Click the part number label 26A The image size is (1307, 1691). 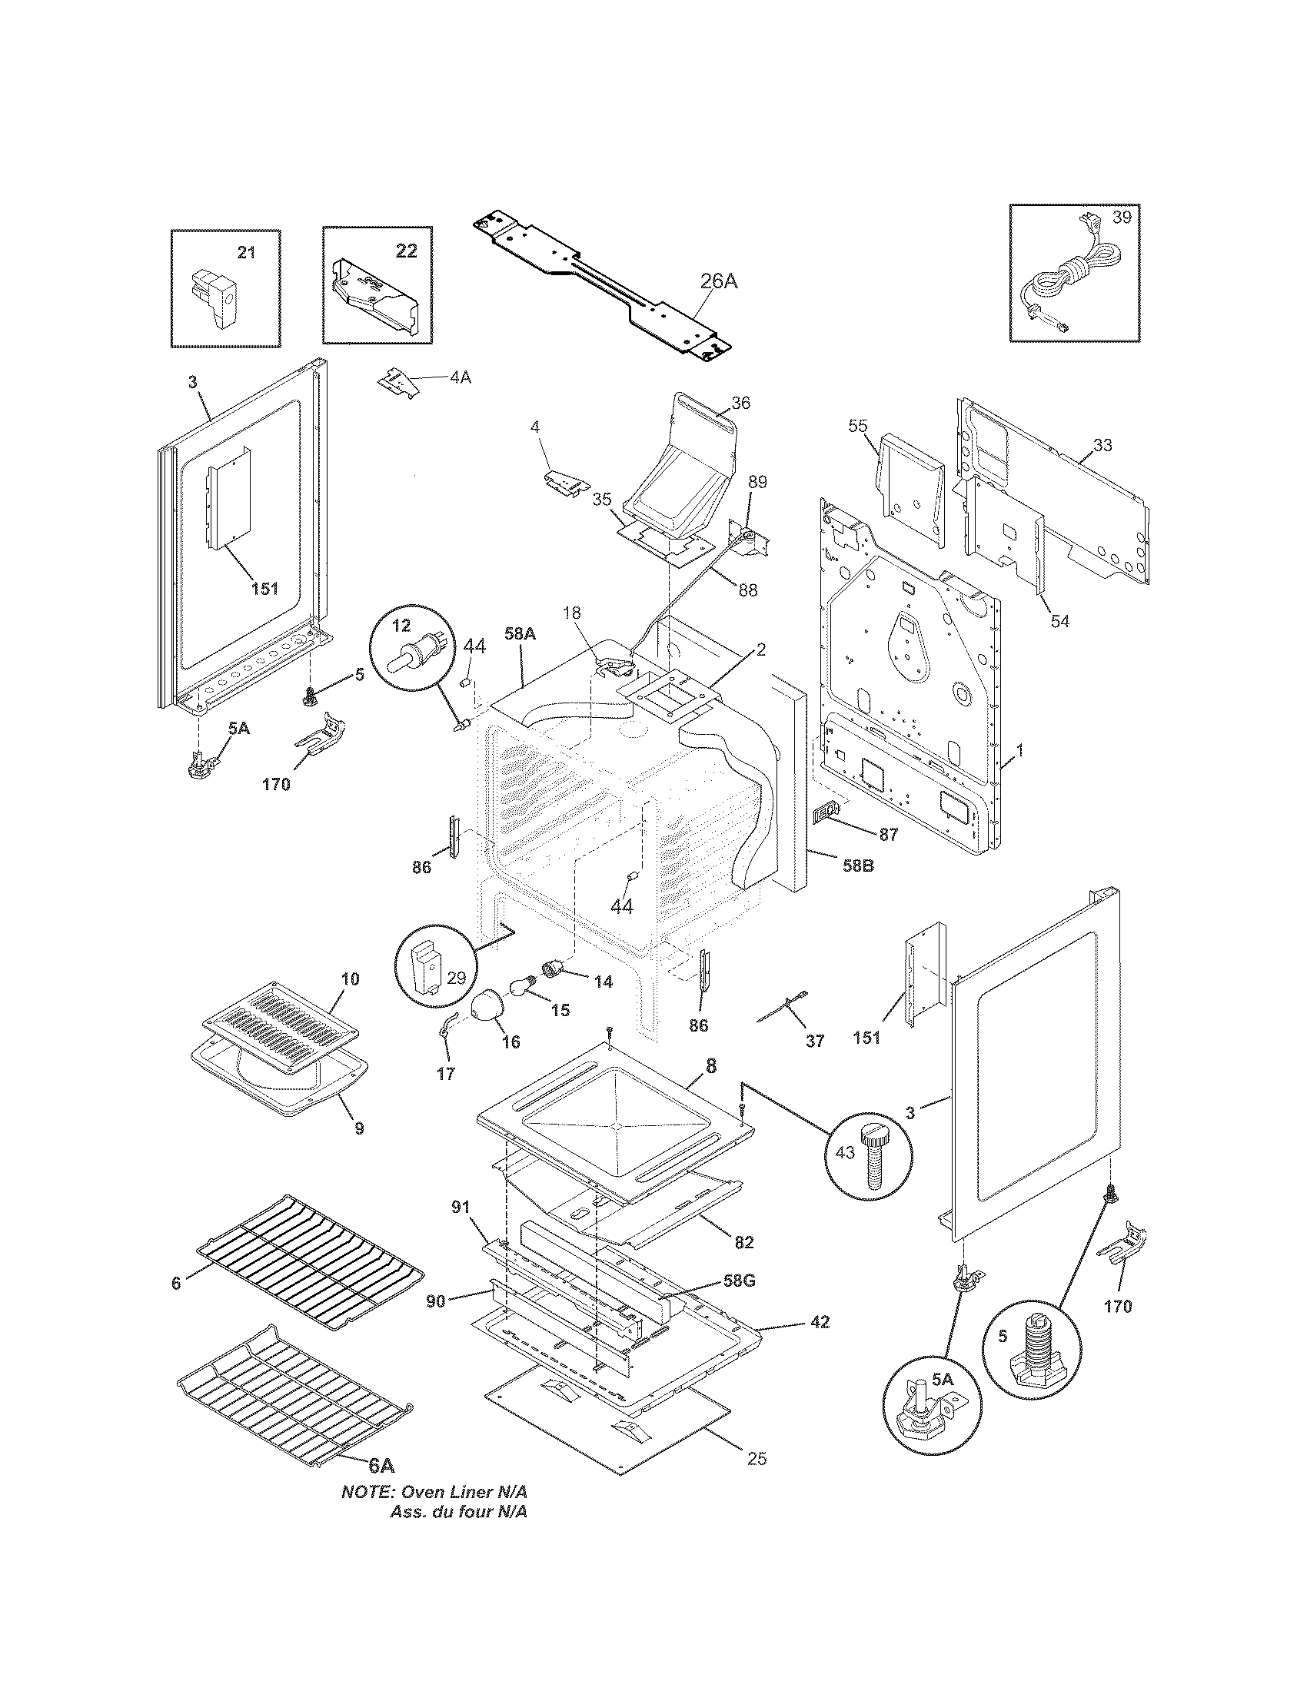click(x=719, y=281)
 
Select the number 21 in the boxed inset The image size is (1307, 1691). click(x=246, y=252)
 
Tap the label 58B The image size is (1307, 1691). click(x=857, y=865)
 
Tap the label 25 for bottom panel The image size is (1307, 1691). click(x=757, y=1459)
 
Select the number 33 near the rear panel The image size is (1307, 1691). click(x=1102, y=445)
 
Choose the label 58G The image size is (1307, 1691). click(x=739, y=1281)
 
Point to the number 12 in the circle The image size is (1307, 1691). click(x=401, y=624)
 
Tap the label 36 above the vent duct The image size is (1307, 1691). click(x=740, y=404)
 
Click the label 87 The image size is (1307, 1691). click(x=888, y=834)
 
